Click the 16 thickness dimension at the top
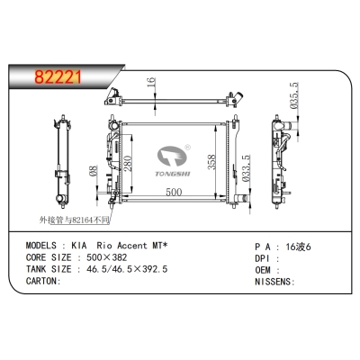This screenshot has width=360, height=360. [x=153, y=83]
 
